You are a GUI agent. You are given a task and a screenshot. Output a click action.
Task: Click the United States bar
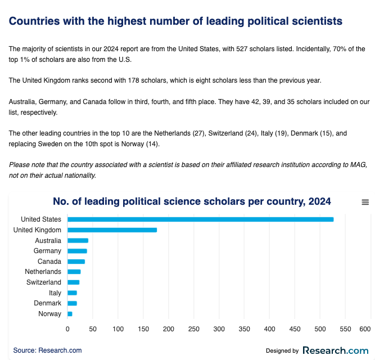click(200, 219)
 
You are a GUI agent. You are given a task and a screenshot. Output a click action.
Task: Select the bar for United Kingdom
click(112, 229)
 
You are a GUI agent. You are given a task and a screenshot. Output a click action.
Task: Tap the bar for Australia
click(78, 240)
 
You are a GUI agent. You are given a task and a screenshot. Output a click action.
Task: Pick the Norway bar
click(70, 313)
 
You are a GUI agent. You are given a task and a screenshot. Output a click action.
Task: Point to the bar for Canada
click(76, 261)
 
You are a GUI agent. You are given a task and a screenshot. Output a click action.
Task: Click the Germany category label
click(47, 251)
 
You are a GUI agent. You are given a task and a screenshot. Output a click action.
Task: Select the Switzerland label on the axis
click(44, 282)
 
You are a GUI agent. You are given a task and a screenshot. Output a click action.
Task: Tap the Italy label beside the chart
click(55, 292)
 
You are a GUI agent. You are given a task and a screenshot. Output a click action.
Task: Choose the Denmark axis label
click(48, 303)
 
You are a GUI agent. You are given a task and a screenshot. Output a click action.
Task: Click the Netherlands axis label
click(43, 272)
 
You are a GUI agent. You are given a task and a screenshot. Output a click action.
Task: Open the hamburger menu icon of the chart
click(365, 202)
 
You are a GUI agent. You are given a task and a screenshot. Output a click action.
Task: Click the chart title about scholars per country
click(192, 201)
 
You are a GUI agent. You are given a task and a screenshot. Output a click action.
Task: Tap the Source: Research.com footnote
click(47, 350)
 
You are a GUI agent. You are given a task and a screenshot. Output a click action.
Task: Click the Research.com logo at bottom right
click(335, 350)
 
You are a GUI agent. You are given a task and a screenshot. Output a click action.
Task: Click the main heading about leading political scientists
click(175, 21)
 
